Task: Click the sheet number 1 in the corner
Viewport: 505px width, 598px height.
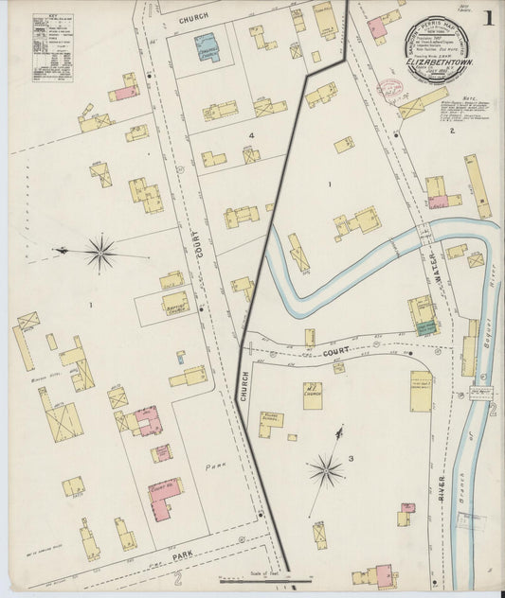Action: click(487, 18)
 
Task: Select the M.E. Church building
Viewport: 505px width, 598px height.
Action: click(312, 395)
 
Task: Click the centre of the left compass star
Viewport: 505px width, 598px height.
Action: click(99, 253)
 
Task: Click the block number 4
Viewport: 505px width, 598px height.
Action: click(251, 136)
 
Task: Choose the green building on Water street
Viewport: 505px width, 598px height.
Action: click(419, 328)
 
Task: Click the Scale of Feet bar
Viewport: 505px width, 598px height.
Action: click(264, 578)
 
